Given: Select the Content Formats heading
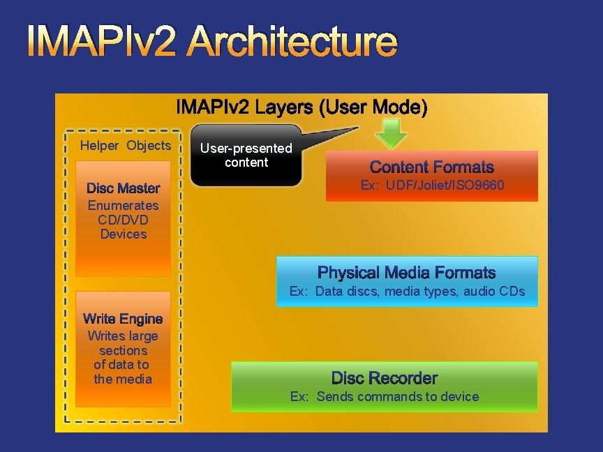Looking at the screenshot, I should pos(431,167).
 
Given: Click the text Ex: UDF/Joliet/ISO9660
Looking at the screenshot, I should pos(432,186).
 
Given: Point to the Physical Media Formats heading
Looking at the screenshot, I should pos(406,273).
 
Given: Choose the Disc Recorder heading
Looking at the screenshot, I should pos(384,379).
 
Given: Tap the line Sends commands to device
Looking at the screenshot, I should pos(397,397).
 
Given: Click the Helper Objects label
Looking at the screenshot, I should pos(125,146).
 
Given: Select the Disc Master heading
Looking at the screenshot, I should pos(123,188).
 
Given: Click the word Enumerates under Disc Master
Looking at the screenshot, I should pos(123,206).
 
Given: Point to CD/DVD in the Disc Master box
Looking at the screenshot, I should pos(123,220).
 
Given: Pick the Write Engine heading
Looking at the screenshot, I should pos(123,319).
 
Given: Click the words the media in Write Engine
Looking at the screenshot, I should pos(123,379).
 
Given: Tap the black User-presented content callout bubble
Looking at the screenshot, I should pos(246,156).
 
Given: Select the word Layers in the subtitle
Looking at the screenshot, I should pos(282,108).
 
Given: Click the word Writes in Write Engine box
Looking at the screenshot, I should pos(105,336).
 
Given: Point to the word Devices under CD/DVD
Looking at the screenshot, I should pos(123,234).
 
